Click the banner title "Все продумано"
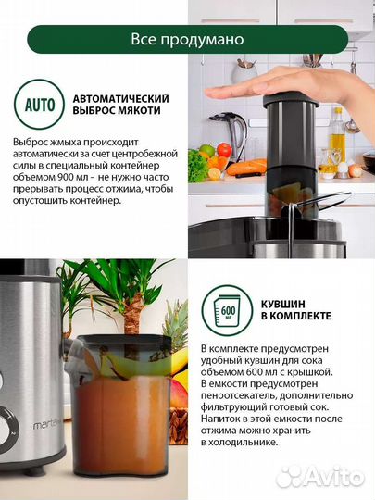pos(188,40)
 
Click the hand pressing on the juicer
pos(254,90)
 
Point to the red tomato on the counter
pos(206,152)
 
